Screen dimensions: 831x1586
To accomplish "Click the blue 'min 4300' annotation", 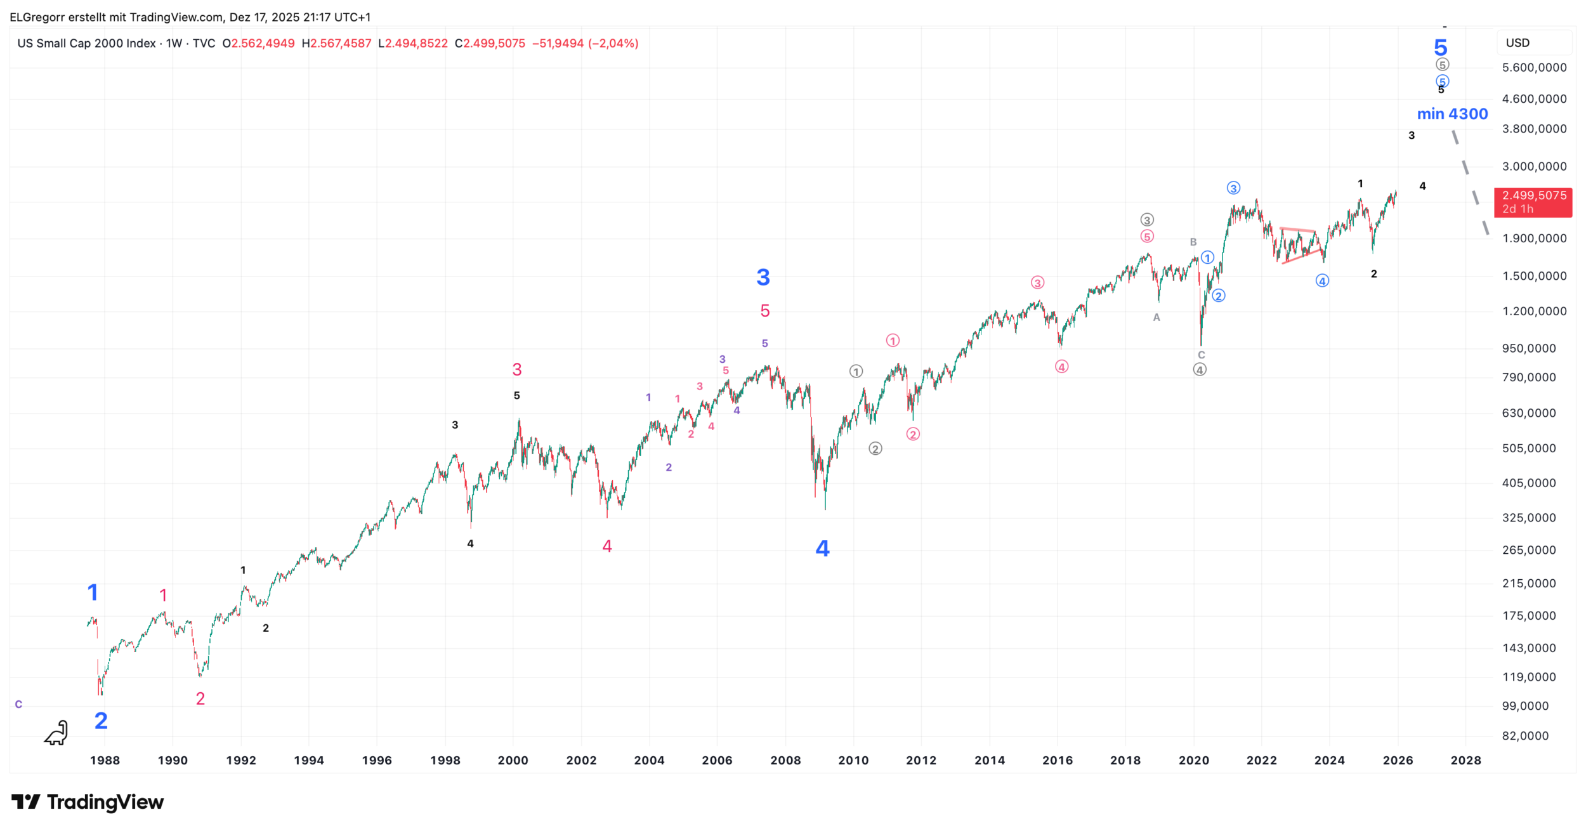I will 1452,114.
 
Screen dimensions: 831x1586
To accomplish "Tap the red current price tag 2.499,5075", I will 1533,202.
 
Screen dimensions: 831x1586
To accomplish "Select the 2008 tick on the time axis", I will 785,760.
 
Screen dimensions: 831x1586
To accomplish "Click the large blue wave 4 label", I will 822,549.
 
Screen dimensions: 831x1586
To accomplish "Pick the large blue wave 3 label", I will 763,277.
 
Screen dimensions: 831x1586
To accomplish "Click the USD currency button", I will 1517,43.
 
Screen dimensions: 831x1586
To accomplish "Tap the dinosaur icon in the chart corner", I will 56,733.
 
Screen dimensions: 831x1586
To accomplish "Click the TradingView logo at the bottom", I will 88,802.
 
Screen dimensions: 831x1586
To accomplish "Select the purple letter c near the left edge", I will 18,704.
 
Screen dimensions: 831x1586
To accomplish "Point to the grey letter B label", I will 1193,242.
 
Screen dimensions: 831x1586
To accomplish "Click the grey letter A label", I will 1157,318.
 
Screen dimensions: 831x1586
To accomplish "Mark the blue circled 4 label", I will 1322,281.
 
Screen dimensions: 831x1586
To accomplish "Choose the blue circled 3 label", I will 1233,188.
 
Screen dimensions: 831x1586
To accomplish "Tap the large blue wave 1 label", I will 93,592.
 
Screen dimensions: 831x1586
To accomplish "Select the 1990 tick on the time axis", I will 173,760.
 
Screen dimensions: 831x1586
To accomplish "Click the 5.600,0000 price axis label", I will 1534,68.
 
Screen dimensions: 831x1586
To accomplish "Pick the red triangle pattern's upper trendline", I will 1297,229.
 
